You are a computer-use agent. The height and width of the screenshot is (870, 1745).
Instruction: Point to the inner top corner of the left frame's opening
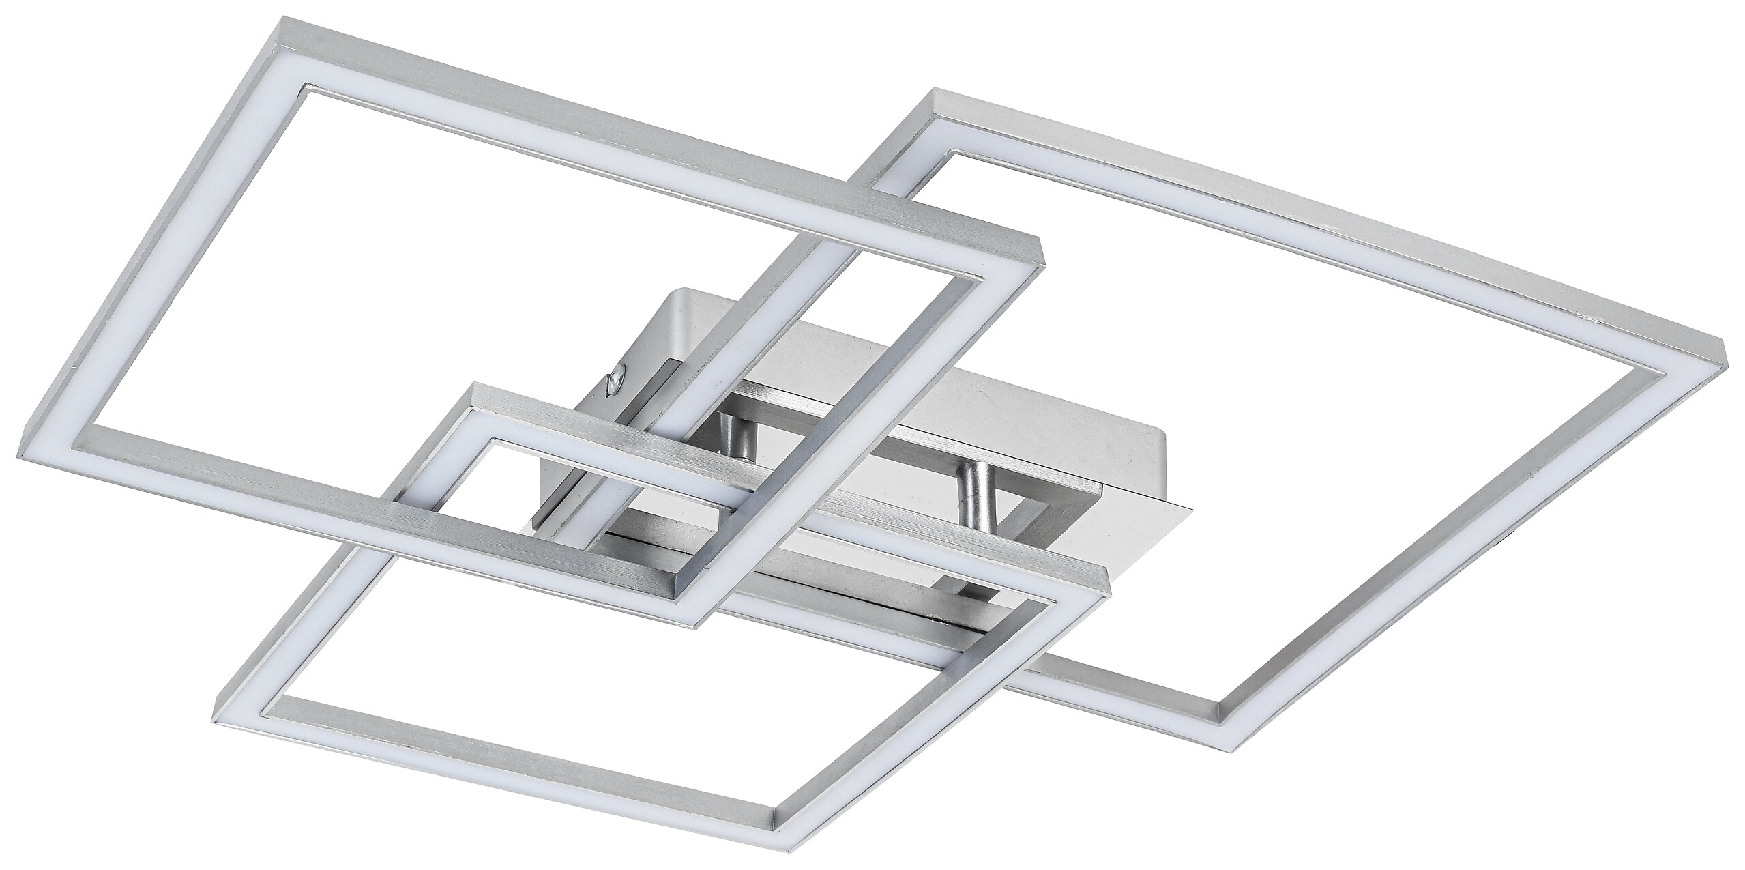(307, 87)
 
